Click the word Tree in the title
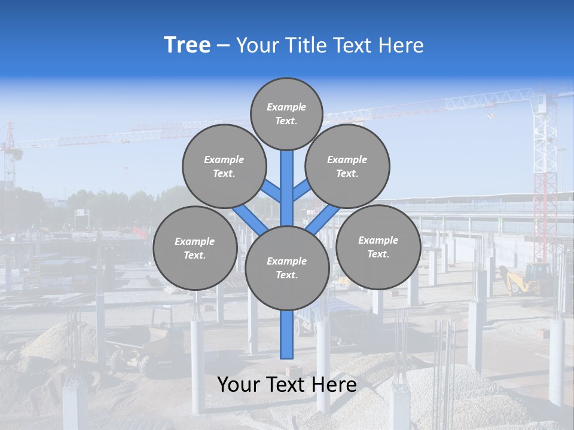[187, 45]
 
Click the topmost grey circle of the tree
[286, 113]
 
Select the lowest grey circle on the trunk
[287, 268]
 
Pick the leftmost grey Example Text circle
[195, 248]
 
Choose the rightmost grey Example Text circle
[378, 247]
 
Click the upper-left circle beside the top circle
[224, 166]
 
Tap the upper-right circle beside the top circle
[347, 166]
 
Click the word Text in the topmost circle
[286, 121]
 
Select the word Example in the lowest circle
[286, 261]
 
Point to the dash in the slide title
[223, 46]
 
